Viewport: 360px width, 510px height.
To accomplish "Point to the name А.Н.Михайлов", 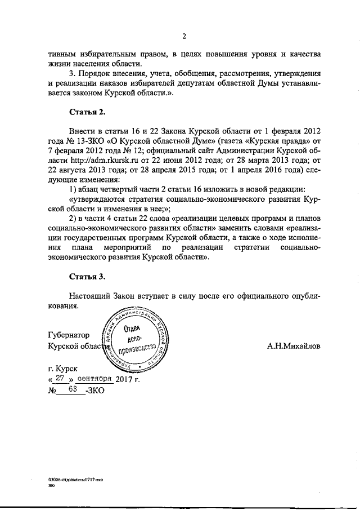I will [x=294, y=347].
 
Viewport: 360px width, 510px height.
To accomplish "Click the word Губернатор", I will [x=69, y=336].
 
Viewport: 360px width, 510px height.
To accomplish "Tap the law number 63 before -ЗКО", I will [x=73, y=389].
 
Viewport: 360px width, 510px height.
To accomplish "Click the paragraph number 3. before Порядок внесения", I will [x=71, y=74].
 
